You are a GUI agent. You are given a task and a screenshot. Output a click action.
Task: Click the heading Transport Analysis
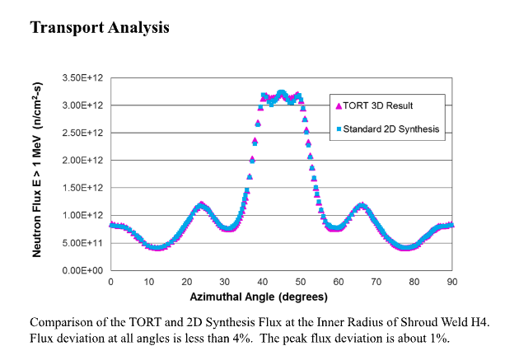100,27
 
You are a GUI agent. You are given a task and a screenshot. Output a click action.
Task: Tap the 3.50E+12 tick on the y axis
81,77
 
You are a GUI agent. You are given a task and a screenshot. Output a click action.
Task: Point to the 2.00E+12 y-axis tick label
81,160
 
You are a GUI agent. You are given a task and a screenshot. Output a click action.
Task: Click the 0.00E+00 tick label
81,270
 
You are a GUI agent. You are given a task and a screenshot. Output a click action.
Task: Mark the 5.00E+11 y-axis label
81,243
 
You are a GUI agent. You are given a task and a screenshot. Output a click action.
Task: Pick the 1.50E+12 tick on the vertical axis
81,188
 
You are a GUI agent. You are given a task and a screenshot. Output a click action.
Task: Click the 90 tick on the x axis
452,282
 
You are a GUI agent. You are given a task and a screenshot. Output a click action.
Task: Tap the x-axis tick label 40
262,282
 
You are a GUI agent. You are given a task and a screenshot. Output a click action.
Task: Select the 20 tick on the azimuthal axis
186,282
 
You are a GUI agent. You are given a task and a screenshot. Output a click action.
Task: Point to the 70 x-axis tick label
376,282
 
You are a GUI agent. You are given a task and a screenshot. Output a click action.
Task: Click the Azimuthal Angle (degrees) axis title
259,297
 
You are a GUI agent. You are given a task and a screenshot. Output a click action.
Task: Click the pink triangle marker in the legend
338,105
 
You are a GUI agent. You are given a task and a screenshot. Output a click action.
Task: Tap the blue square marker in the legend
338,129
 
